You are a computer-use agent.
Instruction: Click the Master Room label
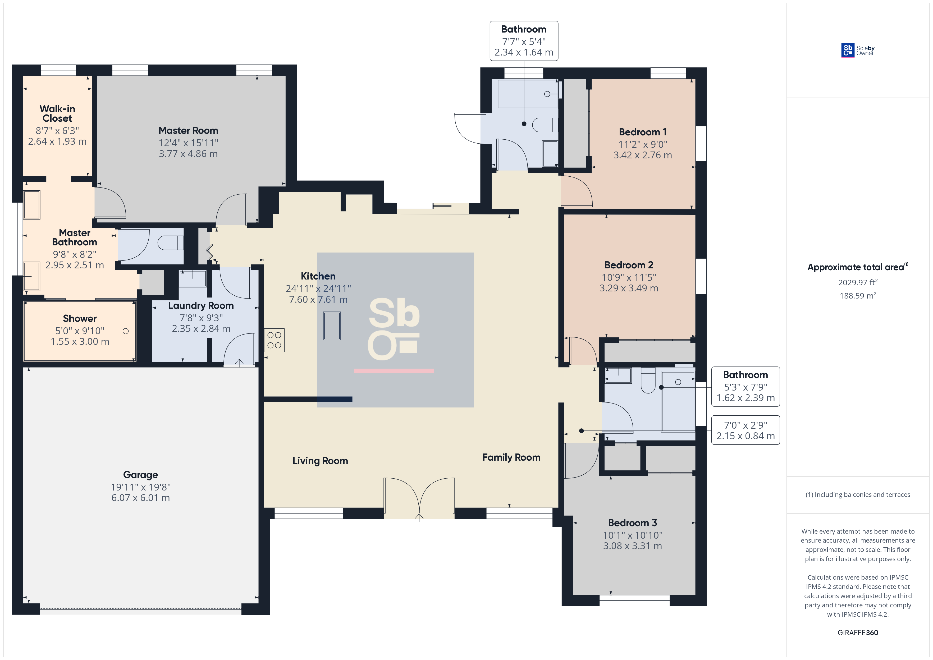click(188, 130)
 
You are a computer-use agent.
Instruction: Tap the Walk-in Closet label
click(57, 113)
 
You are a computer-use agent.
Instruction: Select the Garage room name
click(141, 475)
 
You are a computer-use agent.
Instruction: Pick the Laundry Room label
click(201, 306)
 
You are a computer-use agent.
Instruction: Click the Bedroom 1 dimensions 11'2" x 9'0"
click(643, 144)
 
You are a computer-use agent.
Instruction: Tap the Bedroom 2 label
click(629, 265)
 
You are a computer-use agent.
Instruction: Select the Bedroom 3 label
click(632, 523)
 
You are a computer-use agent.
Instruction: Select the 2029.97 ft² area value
click(858, 282)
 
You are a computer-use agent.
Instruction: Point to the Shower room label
click(80, 319)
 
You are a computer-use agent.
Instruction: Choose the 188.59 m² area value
click(858, 295)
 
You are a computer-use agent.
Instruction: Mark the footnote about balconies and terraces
click(858, 494)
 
